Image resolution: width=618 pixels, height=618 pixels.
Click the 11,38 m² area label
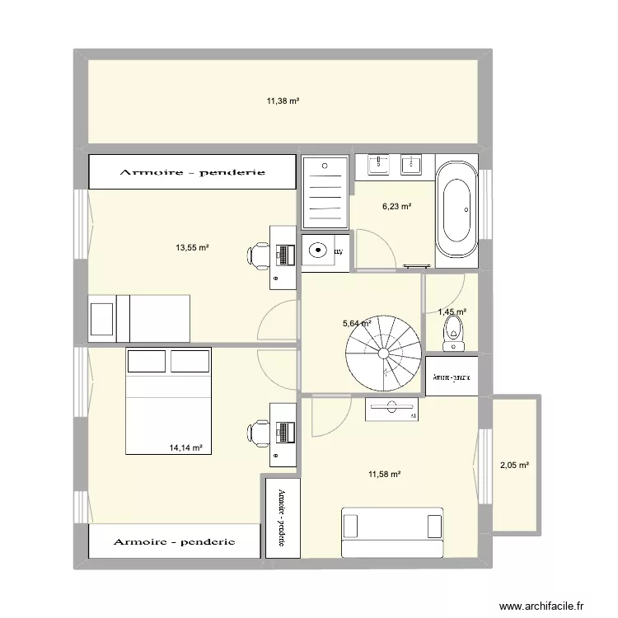[282, 101]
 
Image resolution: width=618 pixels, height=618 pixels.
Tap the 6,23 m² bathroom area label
[396, 208]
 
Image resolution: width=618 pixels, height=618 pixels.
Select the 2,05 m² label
[514, 465]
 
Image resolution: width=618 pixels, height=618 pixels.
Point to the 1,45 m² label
[452, 312]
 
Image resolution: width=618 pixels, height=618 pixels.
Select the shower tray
[324, 192]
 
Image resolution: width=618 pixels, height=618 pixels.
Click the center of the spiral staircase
[383, 353]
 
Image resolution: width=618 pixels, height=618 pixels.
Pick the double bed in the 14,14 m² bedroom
[168, 400]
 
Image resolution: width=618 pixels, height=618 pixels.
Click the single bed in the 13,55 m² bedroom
[140, 317]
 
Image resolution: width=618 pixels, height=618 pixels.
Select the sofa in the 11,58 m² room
[392, 532]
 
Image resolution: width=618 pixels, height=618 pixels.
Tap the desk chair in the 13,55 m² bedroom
[260, 255]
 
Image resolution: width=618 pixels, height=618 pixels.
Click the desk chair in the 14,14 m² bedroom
[260, 433]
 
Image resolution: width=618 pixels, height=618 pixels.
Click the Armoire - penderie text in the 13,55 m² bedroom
[191, 172]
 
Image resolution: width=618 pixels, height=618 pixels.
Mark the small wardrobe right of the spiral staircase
[452, 376]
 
